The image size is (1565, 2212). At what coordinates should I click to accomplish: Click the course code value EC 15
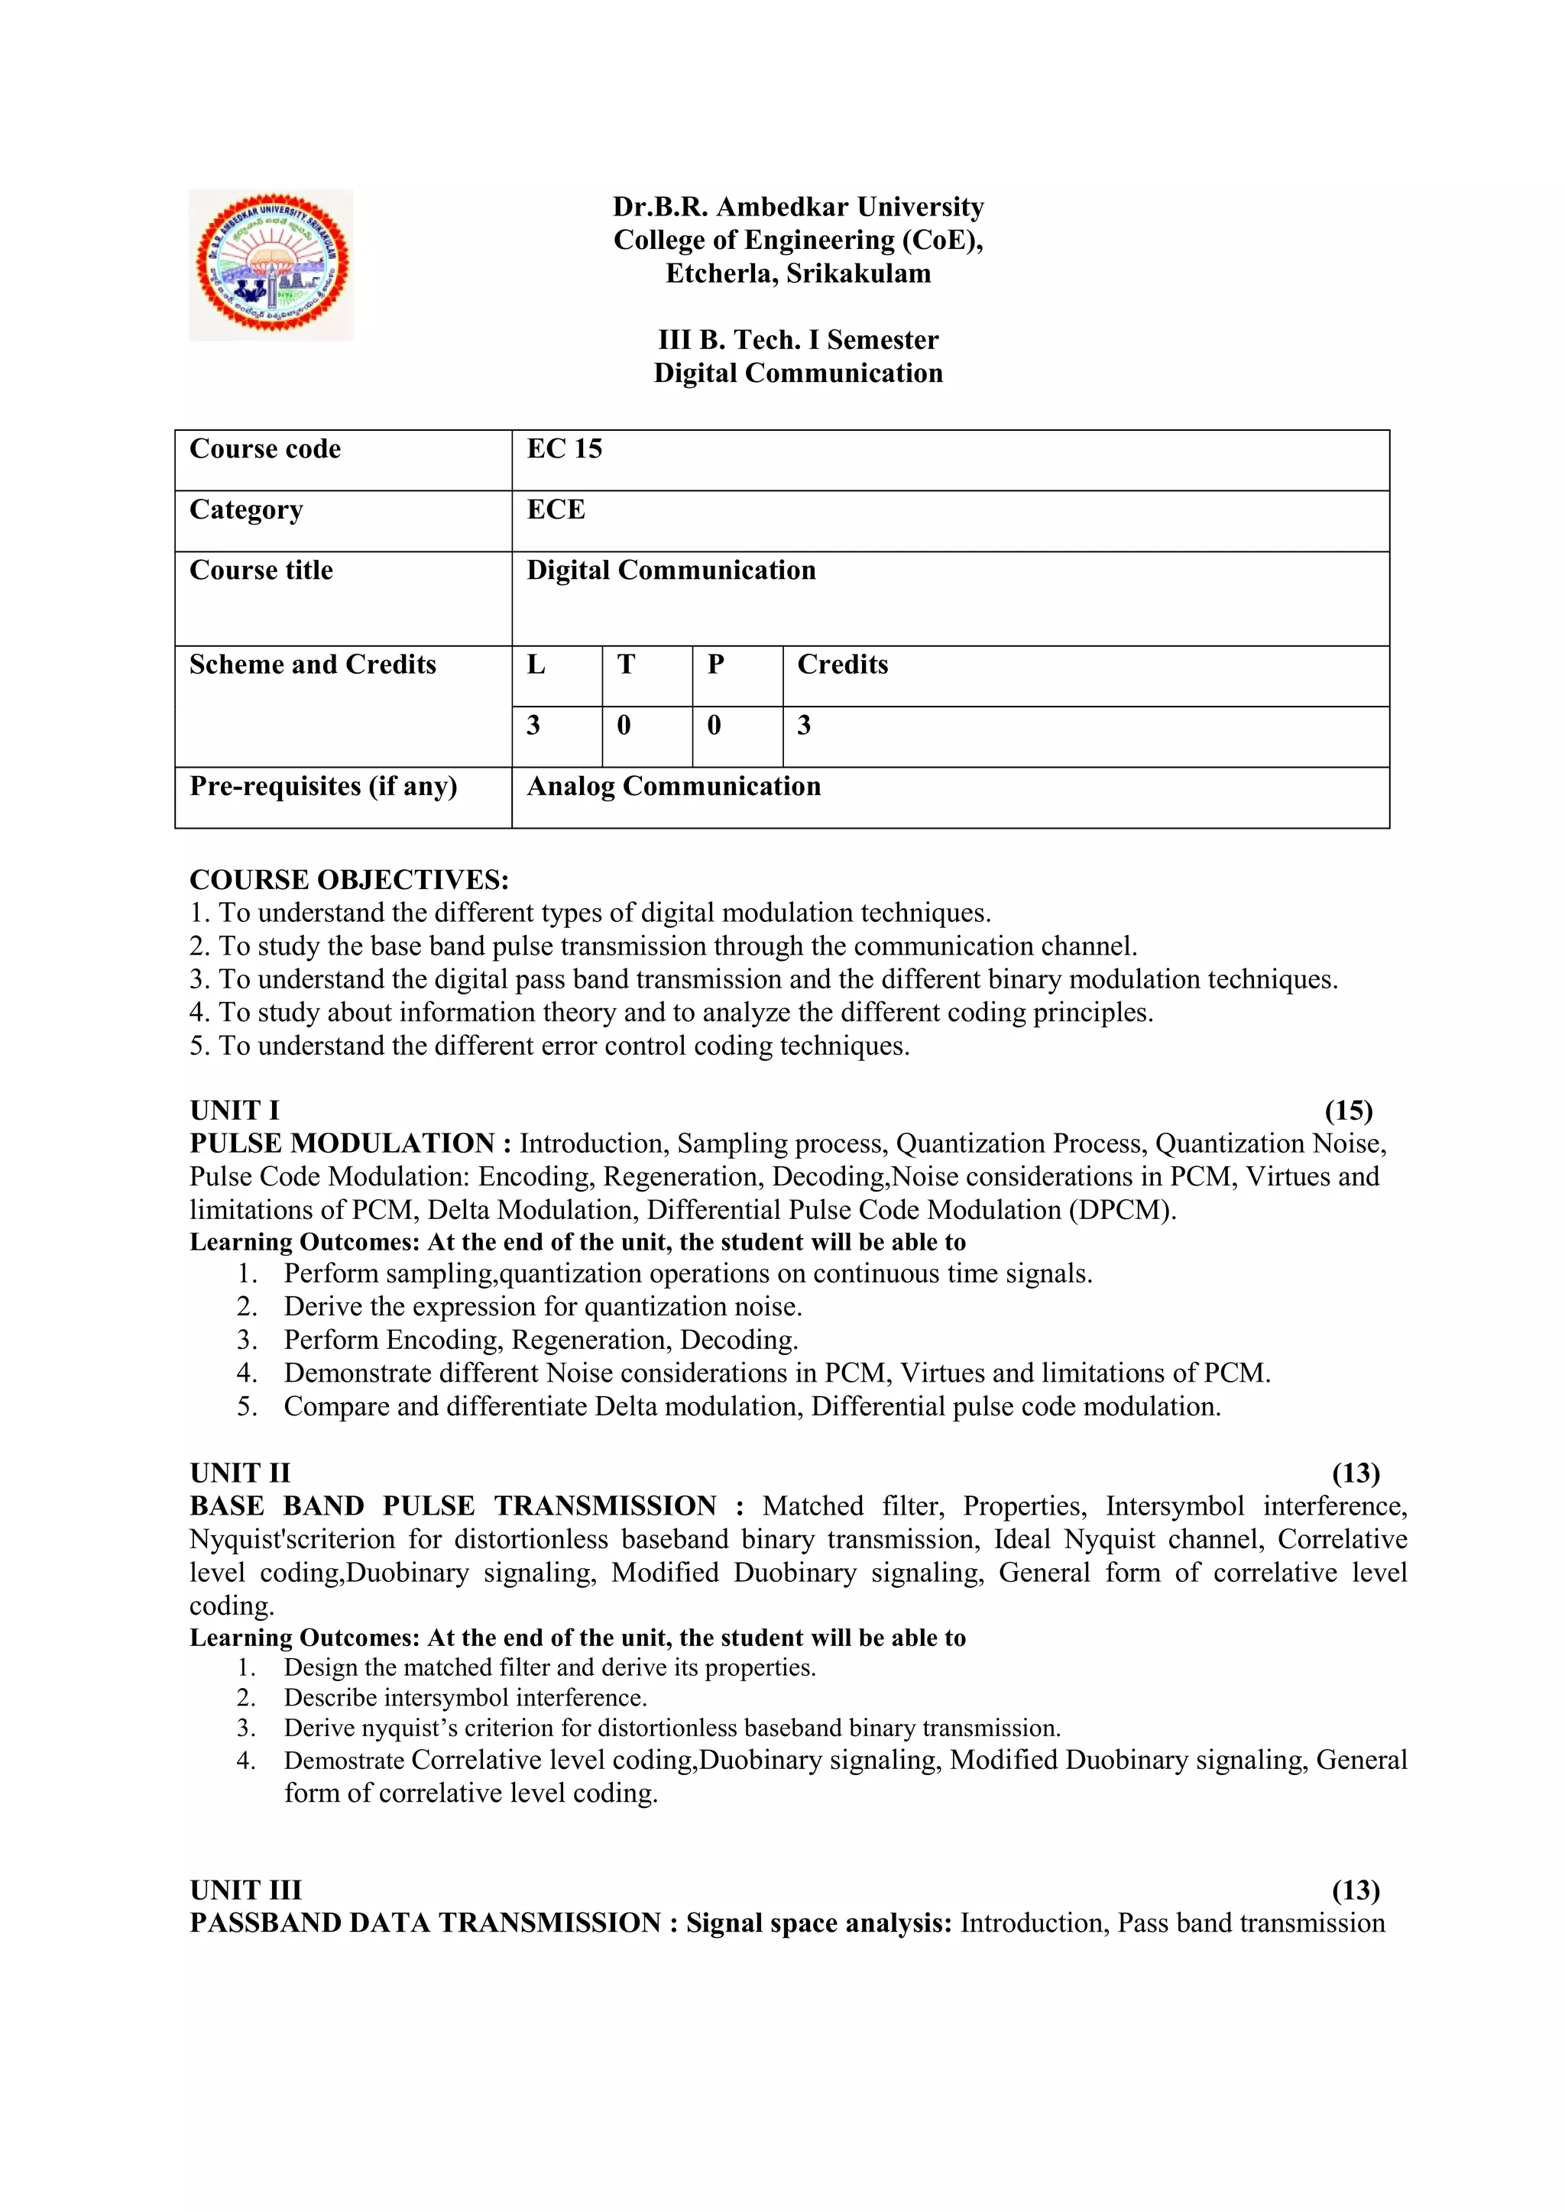click(x=564, y=449)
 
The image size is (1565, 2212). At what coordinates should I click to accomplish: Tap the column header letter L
click(x=536, y=665)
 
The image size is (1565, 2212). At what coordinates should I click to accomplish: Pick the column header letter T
click(x=625, y=665)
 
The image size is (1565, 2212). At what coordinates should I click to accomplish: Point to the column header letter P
click(x=715, y=665)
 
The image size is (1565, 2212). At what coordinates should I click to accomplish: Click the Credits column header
click(x=842, y=665)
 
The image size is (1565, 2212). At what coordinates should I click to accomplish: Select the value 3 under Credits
click(x=804, y=726)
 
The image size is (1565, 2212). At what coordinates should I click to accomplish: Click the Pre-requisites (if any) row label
click(x=322, y=786)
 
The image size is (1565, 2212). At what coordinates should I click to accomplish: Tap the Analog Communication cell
click(x=673, y=786)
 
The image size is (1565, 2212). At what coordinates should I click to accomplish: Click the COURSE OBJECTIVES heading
click(x=349, y=880)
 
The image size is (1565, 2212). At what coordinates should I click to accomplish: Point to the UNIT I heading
click(x=234, y=1111)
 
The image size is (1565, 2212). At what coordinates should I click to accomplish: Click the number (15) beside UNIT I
click(x=1348, y=1111)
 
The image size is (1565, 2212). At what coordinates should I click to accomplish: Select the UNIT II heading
click(x=240, y=1473)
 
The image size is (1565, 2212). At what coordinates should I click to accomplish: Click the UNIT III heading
click(x=246, y=1890)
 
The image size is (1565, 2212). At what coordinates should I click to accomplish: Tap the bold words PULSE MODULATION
click(x=342, y=1143)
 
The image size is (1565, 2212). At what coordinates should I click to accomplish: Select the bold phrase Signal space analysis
click(x=818, y=1924)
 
